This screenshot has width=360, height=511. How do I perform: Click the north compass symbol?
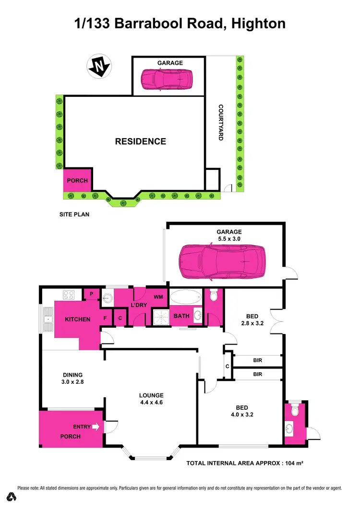click(x=98, y=67)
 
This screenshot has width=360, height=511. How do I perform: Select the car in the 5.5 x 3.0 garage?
click(x=222, y=261)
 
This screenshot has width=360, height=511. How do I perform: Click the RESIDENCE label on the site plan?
click(x=141, y=142)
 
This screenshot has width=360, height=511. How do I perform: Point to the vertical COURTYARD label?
click(x=221, y=122)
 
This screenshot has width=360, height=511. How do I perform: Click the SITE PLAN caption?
click(x=74, y=214)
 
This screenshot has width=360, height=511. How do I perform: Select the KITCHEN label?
click(x=78, y=319)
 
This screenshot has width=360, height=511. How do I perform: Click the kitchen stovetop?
click(x=68, y=295)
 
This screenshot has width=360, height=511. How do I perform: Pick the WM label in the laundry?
click(x=158, y=297)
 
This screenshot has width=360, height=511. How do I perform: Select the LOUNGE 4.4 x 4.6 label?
click(x=152, y=399)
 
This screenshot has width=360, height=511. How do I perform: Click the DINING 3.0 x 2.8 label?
click(x=72, y=379)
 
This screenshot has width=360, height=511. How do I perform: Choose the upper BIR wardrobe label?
click(x=257, y=359)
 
